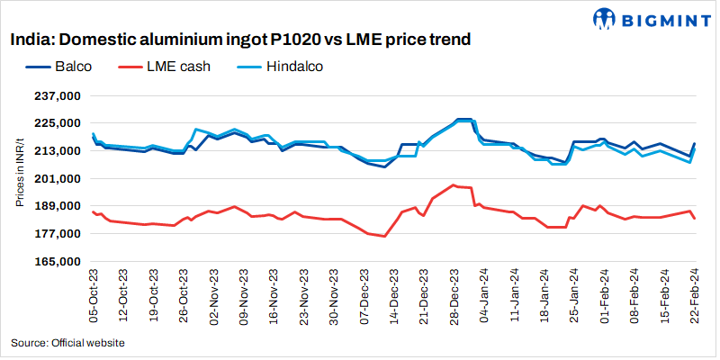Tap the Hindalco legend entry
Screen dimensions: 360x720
click(x=293, y=66)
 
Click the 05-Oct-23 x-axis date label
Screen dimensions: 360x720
click(x=93, y=293)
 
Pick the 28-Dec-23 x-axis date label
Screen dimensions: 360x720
click(x=454, y=293)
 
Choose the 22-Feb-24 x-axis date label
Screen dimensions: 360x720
click(x=694, y=293)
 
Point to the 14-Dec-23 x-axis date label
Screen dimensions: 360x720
click(x=393, y=293)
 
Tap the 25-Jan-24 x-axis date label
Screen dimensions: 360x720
click(x=574, y=293)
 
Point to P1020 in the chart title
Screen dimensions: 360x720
click(x=298, y=40)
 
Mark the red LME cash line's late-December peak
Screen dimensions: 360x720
click(x=454, y=184)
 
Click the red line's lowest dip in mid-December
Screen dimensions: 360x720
click(x=385, y=237)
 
